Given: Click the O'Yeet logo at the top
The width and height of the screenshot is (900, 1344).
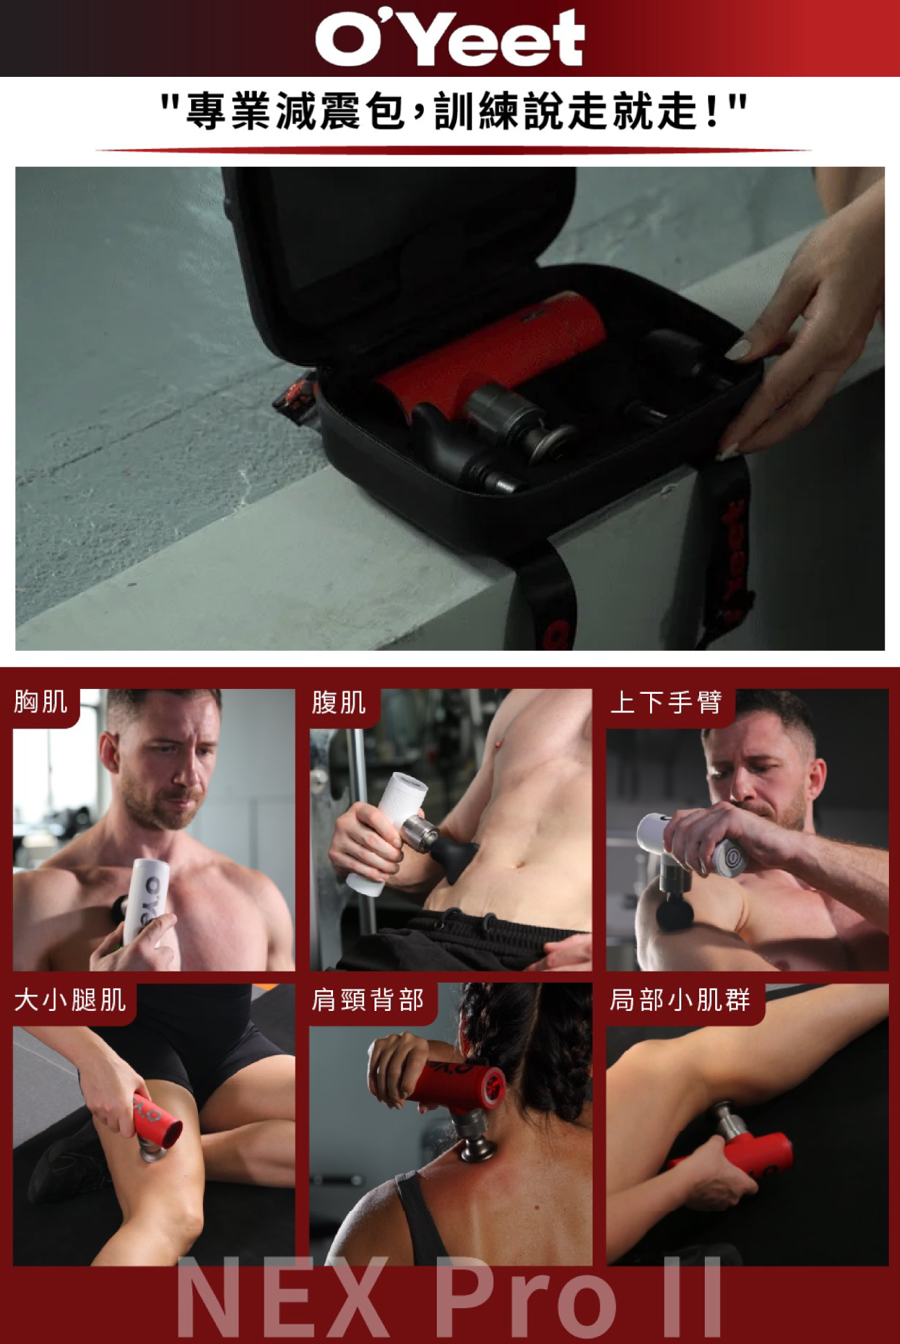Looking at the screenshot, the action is pos(450,38).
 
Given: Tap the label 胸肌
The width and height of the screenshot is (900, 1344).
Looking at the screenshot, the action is pos(41,701).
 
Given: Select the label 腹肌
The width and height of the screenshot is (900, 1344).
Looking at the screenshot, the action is pos(339,702).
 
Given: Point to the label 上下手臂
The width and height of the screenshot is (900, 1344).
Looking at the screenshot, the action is pos(666,702).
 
